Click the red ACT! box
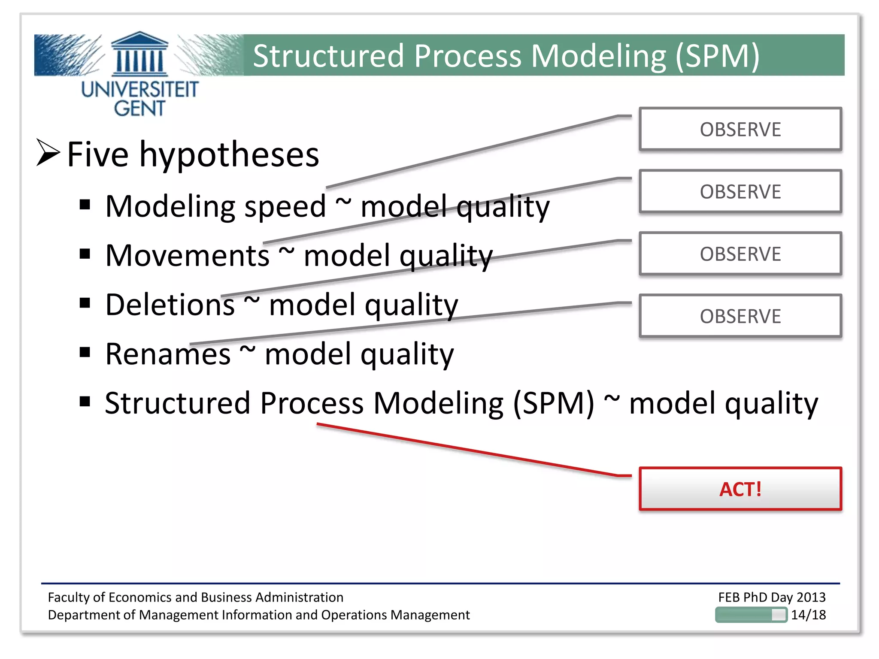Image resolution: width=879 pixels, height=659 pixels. (x=740, y=489)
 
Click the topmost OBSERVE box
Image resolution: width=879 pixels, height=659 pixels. (x=740, y=129)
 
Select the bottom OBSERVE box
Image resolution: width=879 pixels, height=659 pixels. (x=740, y=316)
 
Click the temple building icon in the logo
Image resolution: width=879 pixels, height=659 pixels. (x=139, y=54)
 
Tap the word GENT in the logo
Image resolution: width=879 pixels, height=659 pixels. (x=139, y=108)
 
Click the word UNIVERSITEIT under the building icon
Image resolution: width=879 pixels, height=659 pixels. (x=139, y=90)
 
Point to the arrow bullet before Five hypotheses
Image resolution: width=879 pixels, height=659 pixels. (x=48, y=153)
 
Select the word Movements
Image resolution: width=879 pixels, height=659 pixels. (x=187, y=256)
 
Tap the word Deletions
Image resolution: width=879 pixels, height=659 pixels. (x=170, y=305)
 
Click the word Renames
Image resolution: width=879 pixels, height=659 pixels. (x=168, y=354)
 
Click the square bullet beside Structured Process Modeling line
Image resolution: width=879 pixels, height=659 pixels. (x=85, y=402)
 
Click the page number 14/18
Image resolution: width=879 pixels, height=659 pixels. (x=808, y=615)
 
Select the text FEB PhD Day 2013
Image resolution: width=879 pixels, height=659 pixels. (x=772, y=597)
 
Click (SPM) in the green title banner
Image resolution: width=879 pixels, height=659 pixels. (x=718, y=56)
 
